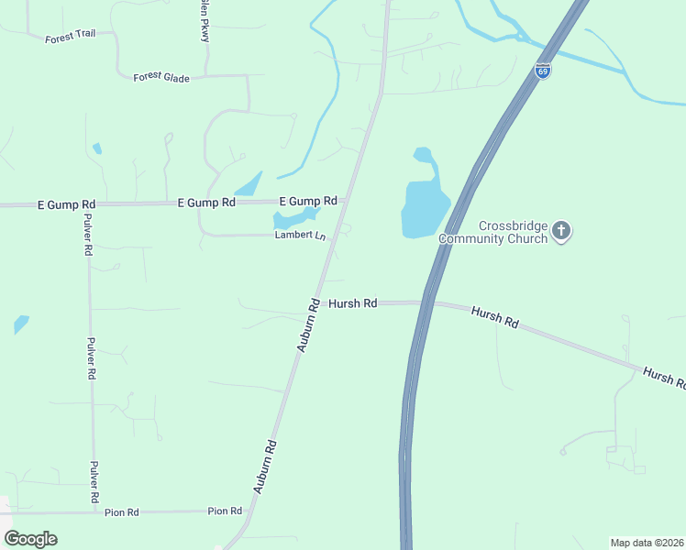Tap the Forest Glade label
point(161,78)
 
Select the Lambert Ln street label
point(301,236)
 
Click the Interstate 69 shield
point(544,71)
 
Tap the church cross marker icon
point(561,230)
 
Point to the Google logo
point(31,539)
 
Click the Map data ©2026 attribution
point(647,543)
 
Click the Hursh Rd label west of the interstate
point(353,303)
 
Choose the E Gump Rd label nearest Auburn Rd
point(308,201)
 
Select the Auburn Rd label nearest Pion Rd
point(265,467)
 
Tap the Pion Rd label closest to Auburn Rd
point(225,511)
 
